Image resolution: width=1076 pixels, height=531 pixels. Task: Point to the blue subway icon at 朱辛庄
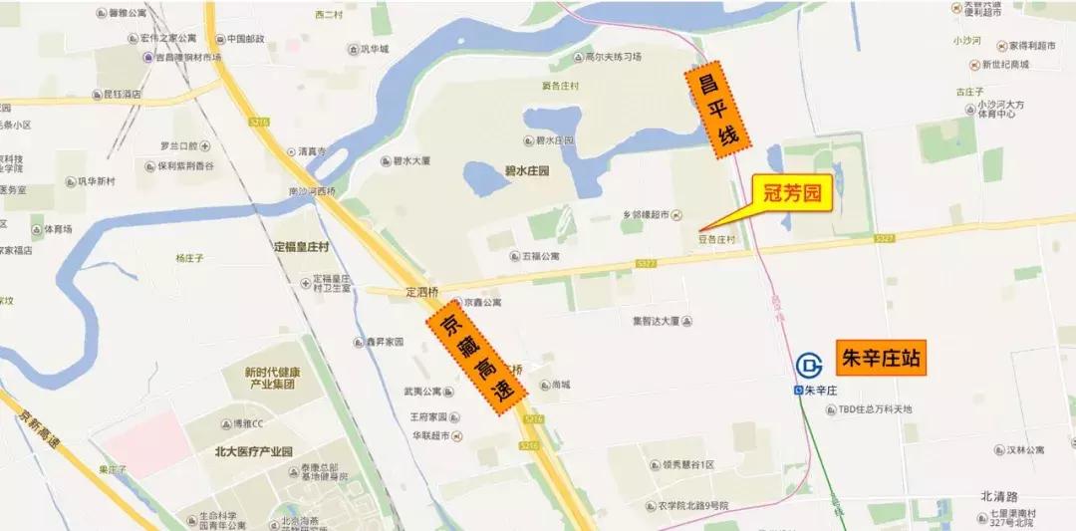point(809,365)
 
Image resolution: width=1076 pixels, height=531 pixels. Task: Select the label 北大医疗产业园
point(253,451)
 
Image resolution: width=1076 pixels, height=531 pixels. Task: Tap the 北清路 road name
point(999,495)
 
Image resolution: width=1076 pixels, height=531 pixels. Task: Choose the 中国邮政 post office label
point(244,39)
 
